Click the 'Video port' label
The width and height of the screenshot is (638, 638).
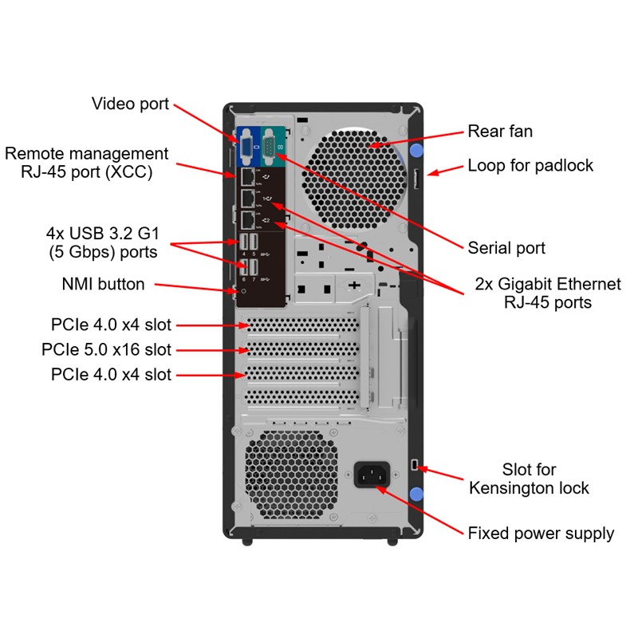(130, 104)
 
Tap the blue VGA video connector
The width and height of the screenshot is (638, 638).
(247, 145)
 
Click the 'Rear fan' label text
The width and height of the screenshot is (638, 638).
(500, 132)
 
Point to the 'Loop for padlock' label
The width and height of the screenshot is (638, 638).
(530, 166)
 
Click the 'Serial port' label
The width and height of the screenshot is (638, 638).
(506, 248)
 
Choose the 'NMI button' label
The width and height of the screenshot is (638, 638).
(103, 284)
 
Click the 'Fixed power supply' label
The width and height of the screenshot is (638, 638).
(541, 534)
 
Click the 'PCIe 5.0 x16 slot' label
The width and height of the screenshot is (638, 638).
(106, 349)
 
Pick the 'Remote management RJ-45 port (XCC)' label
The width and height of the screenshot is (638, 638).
(87, 162)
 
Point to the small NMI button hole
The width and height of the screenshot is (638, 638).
(244, 290)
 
